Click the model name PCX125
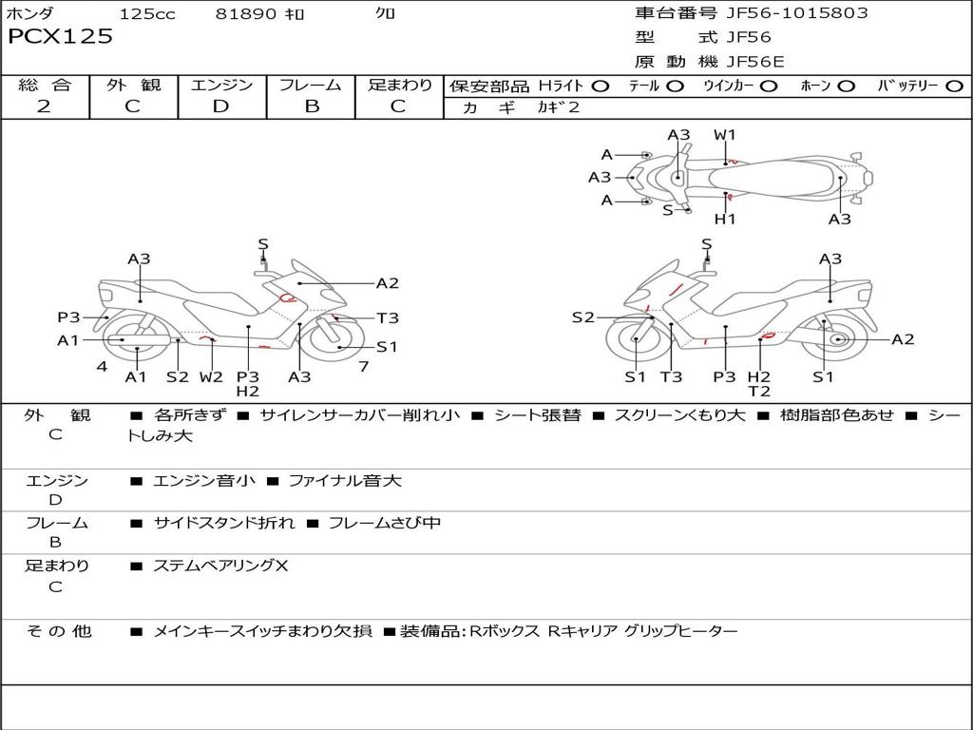[x=60, y=37]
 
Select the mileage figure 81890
[x=246, y=14]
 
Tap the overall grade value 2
[x=44, y=106]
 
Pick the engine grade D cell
[x=221, y=106]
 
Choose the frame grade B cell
[x=311, y=106]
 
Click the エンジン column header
[x=221, y=85]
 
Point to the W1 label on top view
[x=725, y=135]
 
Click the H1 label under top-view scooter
[x=726, y=220]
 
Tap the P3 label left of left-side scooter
[x=68, y=317]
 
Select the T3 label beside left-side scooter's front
[x=388, y=318]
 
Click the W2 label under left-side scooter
[x=211, y=376]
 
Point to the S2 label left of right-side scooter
[x=582, y=317]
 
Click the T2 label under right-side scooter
[x=758, y=391]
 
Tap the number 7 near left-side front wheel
[x=364, y=366]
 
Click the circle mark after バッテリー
[x=955, y=86]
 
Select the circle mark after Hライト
[x=600, y=86]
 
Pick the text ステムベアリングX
[x=220, y=566]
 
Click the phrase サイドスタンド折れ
[x=224, y=523]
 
